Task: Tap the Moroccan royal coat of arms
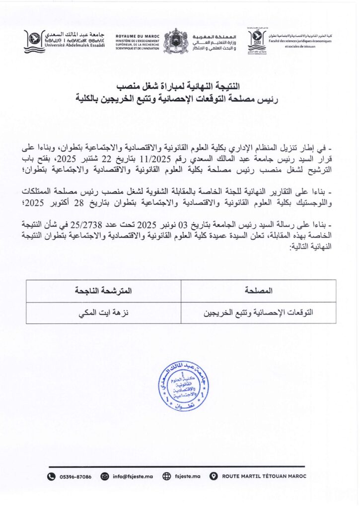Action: pyautogui.click(x=176, y=41)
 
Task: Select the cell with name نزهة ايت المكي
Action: pyautogui.click(x=104, y=313)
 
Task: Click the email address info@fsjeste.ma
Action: pyautogui.click(x=133, y=477)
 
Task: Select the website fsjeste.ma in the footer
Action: pyautogui.click(x=187, y=477)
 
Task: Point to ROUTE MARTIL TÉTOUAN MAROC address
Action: pyautogui.click(x=264, y=477)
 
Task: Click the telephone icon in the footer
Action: pyautogui.click(x=51, y=477)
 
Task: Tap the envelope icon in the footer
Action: pyautogui.click(x=104, y=477)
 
